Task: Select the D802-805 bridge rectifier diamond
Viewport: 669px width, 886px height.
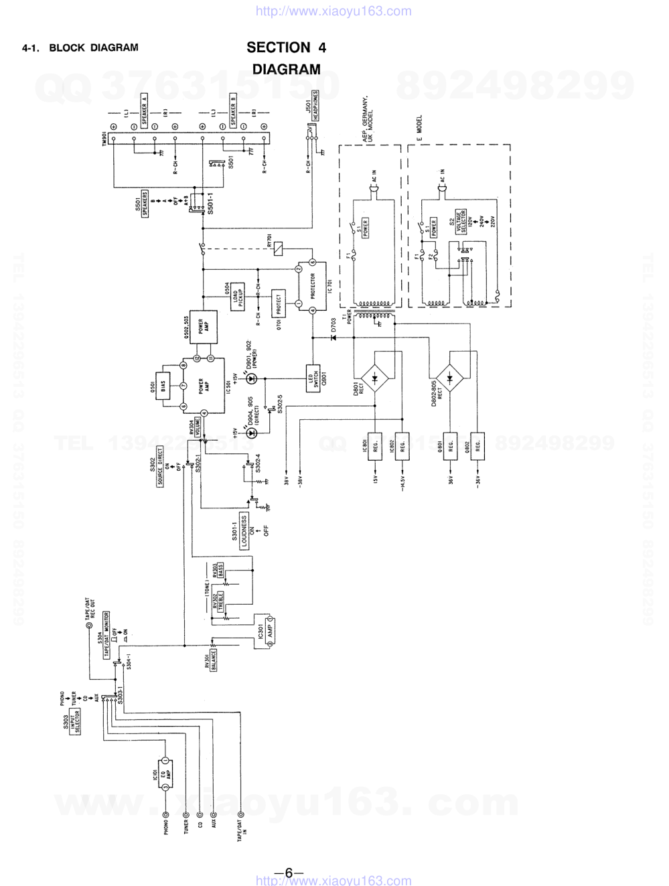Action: tap(449, 379)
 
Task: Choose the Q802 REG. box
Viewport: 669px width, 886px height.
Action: tap(478, 445)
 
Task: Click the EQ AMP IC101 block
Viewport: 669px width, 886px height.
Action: tap(166, 773)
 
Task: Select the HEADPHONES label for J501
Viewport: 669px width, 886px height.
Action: tap(315, 106)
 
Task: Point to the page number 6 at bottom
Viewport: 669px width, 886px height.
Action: tap(289, 872)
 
